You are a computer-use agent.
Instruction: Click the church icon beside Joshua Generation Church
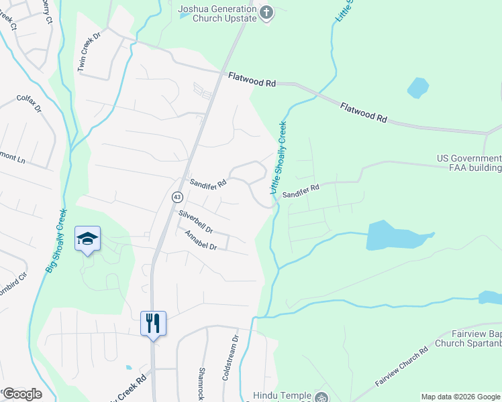pyautogui.click(x=266, y=13)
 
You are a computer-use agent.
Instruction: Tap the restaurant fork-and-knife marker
pyautogui.click(x=153, y=324)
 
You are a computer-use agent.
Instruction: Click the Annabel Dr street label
pyautogui.click(x=201, y=241)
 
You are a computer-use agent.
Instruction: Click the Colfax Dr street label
pyautogui.click(x=29, y=103)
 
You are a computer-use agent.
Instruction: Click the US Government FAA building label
pyautogui.click(x=469, y=163)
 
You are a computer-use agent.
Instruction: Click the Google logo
pyautogui.click(x=22, y=394)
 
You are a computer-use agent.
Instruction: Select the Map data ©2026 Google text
pyautogui.click(x=460, y=397)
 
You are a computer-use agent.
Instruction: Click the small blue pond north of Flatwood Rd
pyautogui.click(x=417, y=88)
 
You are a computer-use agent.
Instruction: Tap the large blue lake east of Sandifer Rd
pyautogui.click(x=393, y=236)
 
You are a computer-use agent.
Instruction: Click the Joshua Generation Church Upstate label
pyautogui.click(x=217, y=13)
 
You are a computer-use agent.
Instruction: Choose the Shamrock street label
pyautogui.click(x=201, y=383)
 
